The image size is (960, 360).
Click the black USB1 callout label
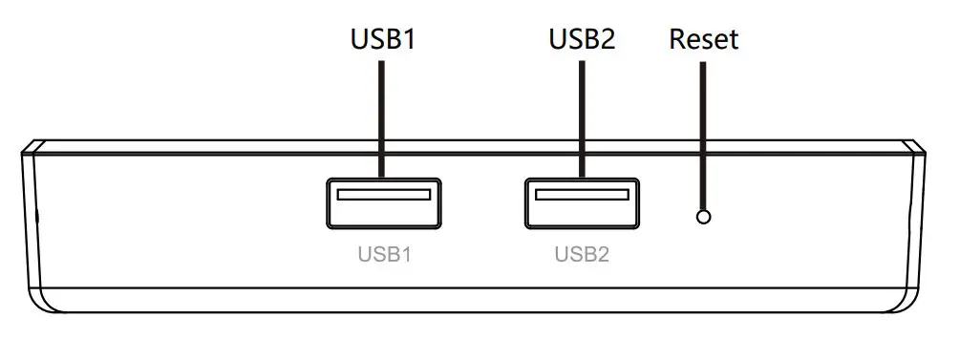pos(383,39)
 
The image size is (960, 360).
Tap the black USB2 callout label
pos(582,39)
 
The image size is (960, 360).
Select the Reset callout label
pos(704,39)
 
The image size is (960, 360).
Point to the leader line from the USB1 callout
pos(382,115)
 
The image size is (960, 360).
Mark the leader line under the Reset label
pos(704,134)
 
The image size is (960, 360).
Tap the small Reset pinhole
pos(704,217)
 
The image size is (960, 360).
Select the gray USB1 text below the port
pos(383,255)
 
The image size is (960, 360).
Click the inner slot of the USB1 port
pos(383,195)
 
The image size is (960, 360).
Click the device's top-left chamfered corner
pos(29,148)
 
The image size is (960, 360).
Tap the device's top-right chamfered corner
pos(916,148)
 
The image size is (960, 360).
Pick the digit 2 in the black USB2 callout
pos(608,39)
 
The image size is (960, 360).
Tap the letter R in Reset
pos(678,39)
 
